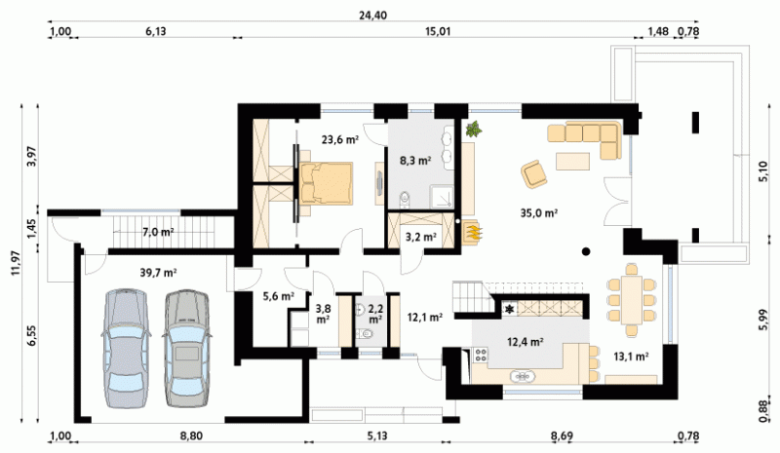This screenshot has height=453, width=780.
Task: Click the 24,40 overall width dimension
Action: pyautogui.click(x=372, y=16)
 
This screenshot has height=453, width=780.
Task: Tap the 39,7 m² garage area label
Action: pyautogui.click(x=159, y=273)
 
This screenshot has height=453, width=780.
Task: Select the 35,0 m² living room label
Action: pyautogui.click(x=539, y=212)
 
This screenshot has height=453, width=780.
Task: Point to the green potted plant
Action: pyautogui.click(x=473, y=129)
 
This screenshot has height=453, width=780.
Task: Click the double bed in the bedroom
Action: pyautogui.click(x=326, y=183)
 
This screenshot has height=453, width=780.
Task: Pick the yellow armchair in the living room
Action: pyautogui.click(x=533, y=173)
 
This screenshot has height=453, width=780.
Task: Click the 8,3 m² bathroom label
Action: pyautogui.click(x=415, y=160)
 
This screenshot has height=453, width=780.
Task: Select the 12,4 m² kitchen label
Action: pyautogui.click(x=525, y=342)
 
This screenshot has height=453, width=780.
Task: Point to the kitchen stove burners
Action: pyautogui.click(x=481, y=355)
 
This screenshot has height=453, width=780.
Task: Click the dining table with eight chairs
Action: pyautogui.click(x=631, y=299)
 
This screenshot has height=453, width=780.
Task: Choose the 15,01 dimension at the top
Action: pyautogui.click(x=438, y=32)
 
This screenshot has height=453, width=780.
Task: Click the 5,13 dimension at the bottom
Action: pyautogui.click(x=377, y=436)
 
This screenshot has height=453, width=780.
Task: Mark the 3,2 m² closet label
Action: pyautogui.click(x=421, y=237)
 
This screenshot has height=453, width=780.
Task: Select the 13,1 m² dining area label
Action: pyautogui.click(x=631, y=356)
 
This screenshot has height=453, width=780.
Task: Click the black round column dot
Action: pyautogui.click(x=587, y=251)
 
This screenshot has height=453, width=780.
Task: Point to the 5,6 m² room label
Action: pyautogui.click(x=278, y=296)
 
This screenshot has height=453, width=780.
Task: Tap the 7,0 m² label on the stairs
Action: pyautogui.click(x=158, y=232)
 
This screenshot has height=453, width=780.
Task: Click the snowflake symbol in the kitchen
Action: pyautogui.click(x=509, y=310)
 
